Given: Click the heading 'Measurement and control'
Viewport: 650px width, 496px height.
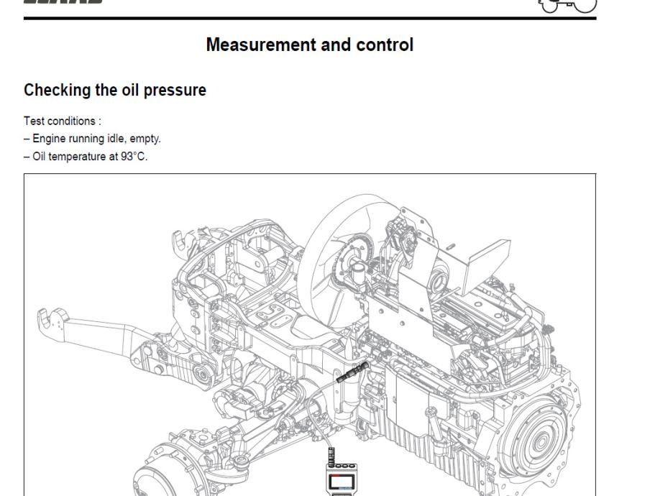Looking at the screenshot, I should pyautogui.click(x=309, y=45).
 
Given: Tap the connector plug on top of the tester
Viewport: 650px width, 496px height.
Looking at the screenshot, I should pyautogui.click(x=331, y=454).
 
